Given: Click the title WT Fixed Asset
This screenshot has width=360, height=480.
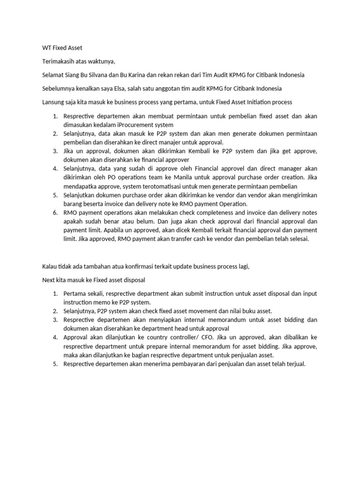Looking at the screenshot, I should click(x=62, y=48).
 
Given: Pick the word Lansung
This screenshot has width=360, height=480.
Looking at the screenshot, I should click(x=52, y=102).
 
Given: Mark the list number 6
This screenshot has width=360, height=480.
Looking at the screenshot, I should click(x=54, y=212).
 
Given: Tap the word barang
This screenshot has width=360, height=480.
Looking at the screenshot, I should click(x=74, y=203).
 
